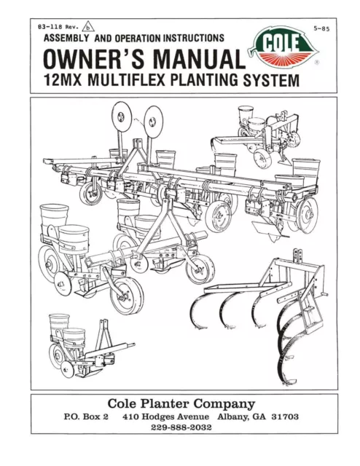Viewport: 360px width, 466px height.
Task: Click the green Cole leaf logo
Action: (283, 46)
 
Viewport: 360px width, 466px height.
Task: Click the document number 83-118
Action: (50, 27)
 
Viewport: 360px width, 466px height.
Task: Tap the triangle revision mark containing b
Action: (88, 27)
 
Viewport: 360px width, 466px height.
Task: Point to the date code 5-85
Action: (321, 29)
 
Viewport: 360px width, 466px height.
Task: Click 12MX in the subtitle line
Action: (63, 80)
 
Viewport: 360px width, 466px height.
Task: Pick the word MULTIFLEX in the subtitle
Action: (127, 80)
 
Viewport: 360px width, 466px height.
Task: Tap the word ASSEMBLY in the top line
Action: (66, 38)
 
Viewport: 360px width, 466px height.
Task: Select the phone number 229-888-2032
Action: (181, 427)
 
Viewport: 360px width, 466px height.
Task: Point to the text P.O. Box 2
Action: (86, 416)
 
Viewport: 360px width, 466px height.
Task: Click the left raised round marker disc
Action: (122, 116)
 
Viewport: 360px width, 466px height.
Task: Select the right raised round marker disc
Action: (153, 122)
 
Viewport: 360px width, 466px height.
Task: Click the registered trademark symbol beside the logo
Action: (317, 63)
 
